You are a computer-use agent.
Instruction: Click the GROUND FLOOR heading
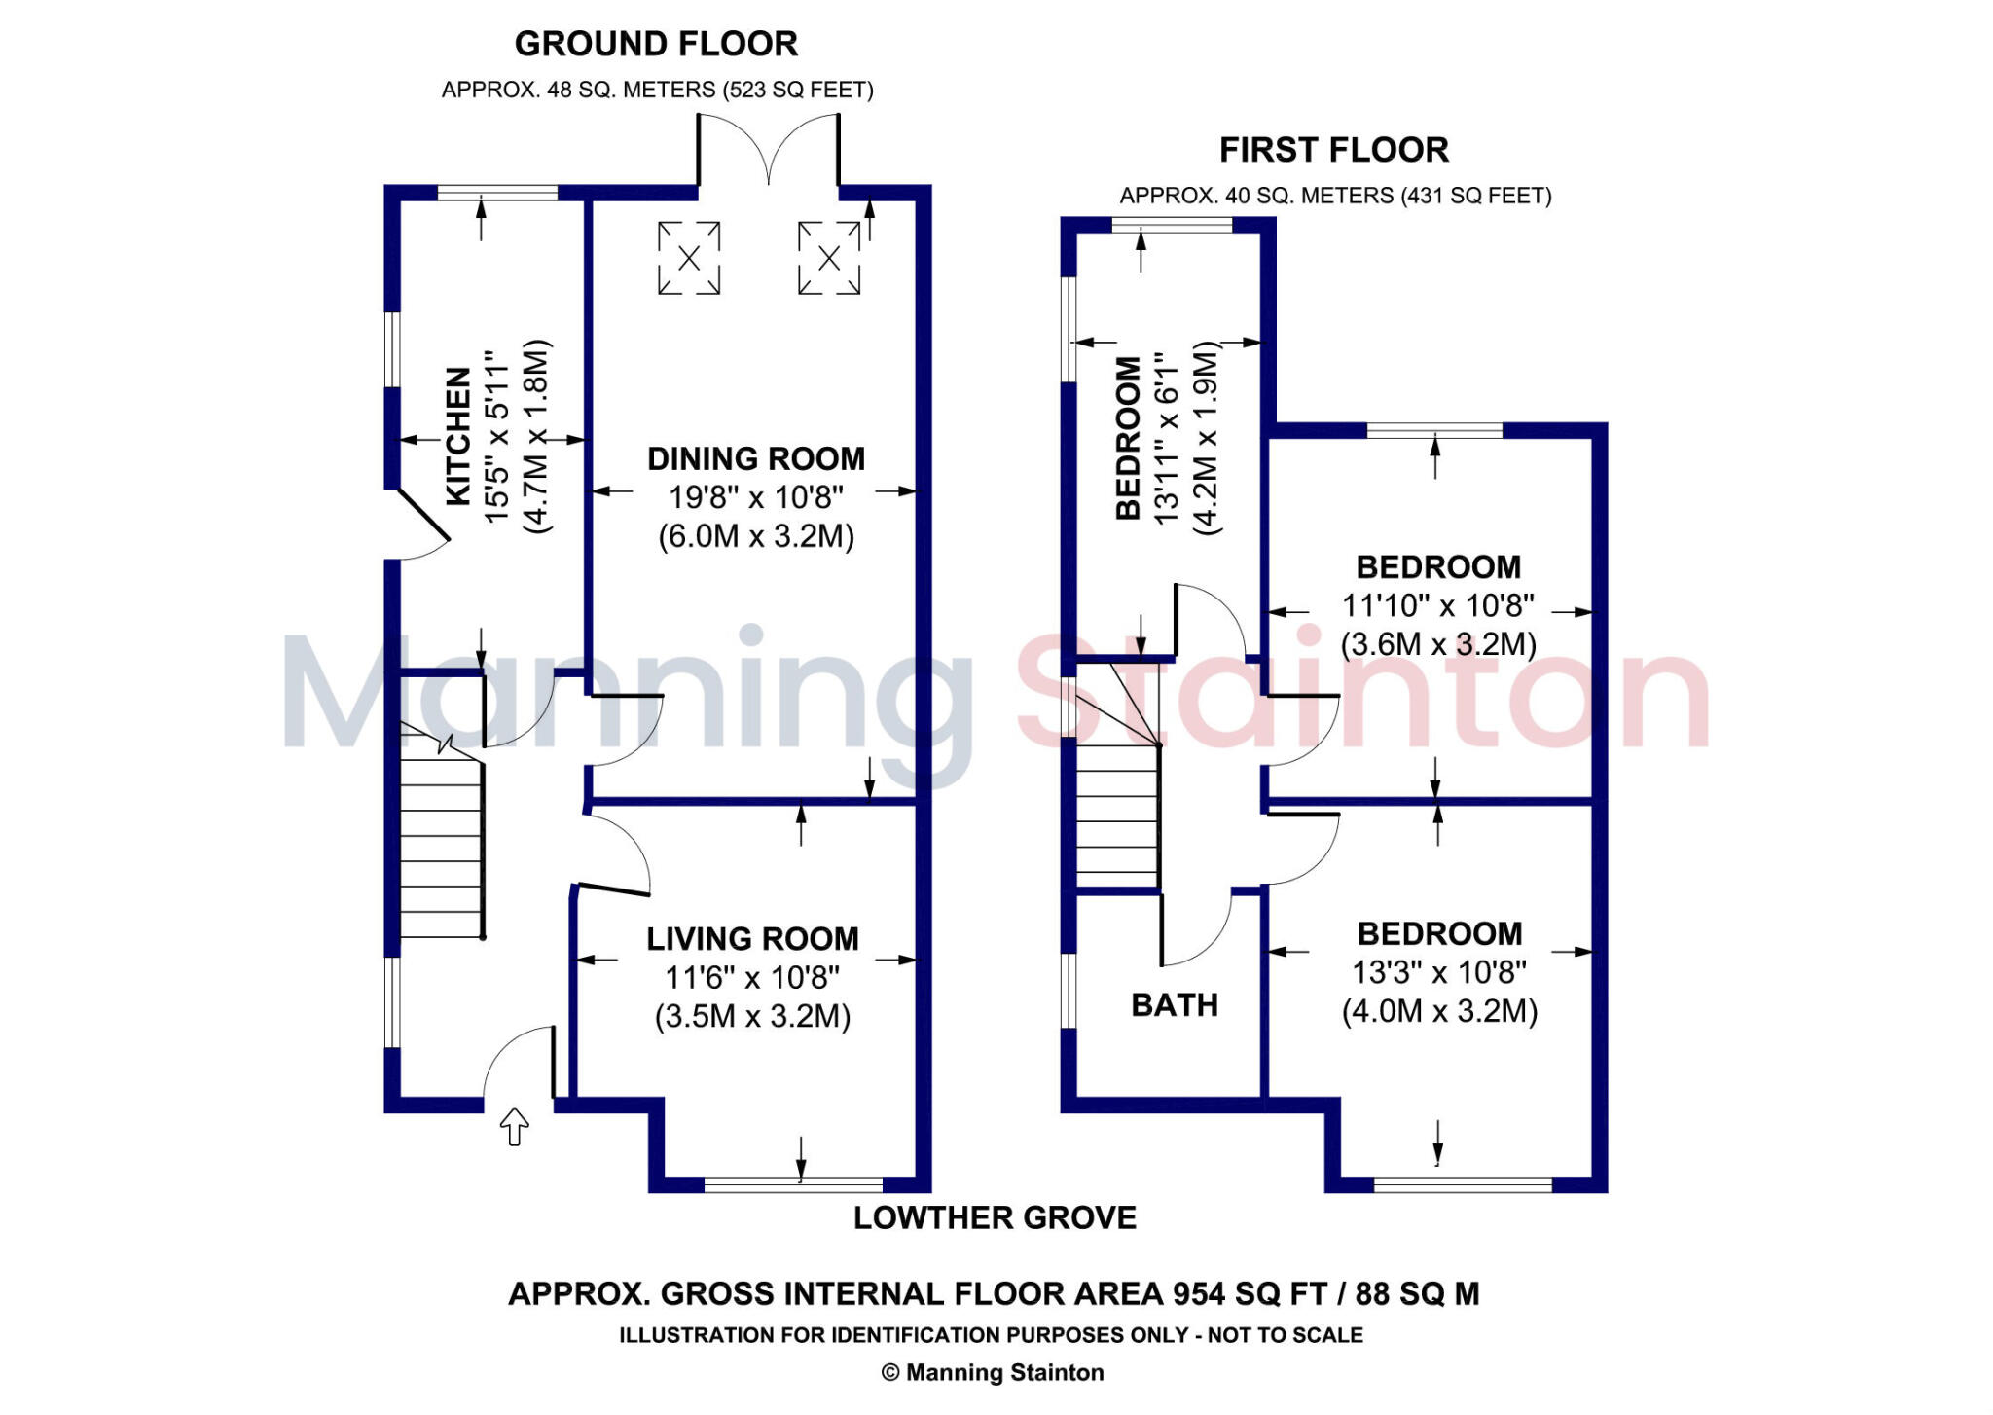656,44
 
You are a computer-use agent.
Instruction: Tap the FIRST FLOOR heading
1334,150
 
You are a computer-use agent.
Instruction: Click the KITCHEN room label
458,436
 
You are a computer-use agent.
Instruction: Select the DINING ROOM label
756,458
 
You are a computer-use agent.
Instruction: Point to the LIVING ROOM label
752,939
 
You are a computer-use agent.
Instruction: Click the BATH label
1175,1005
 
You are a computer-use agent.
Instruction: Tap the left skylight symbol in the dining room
689,258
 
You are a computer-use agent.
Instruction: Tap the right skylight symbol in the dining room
829,258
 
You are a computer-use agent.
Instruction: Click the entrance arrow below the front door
514,1127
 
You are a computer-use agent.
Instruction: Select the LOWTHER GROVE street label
995,1218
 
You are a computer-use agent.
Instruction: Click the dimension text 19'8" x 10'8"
756,497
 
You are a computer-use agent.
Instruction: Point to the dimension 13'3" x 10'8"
1439,972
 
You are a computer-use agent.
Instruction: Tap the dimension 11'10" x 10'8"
1438,605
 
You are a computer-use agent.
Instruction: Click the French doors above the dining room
769,149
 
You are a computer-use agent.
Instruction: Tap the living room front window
793,1184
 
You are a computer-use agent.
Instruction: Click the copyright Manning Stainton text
993,1373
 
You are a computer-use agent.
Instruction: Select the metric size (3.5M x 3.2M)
752,1017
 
